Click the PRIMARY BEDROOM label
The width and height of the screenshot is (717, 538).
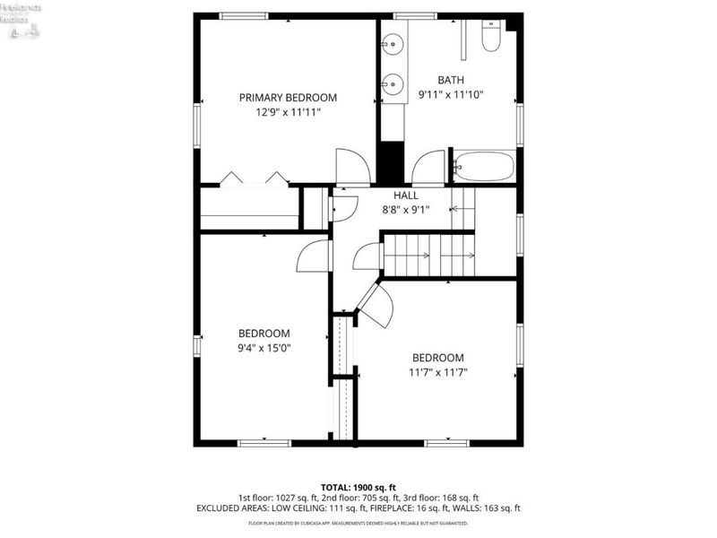click(287, 98)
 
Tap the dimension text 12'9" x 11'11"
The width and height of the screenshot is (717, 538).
click(287, 113)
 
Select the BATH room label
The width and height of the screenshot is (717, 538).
click(451, 79)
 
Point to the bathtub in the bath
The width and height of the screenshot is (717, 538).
click(484, 166)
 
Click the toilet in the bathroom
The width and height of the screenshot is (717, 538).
click(492, 36)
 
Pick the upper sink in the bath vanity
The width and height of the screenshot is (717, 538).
click(392, 43)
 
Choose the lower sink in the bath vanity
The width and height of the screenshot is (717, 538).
click(392, 86)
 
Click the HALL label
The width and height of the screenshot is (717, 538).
click(405, 195)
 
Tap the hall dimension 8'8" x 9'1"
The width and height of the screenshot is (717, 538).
click(405, 210)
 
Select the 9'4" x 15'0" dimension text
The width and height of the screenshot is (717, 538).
click(263, 348)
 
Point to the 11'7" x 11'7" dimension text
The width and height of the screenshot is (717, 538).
click(437, 372)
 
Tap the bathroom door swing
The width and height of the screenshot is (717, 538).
click(429, 168)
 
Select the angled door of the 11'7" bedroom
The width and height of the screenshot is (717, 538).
click(376, 305)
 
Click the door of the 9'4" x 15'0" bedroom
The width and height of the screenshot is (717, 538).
click(314, 256)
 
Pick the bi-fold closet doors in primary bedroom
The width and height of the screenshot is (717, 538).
click(255, 178)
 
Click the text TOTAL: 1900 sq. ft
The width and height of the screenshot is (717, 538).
click(358, 487)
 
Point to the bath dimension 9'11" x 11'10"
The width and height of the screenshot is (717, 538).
click(451, 94)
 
